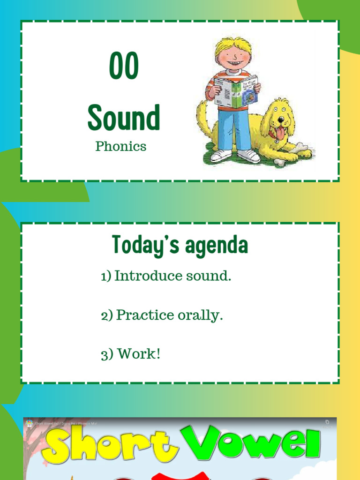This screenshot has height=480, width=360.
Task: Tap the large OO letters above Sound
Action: (x=124, y=67)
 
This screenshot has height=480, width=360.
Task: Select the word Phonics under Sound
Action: (x=121, y=146)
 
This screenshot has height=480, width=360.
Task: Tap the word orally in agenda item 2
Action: (x=200, y=315)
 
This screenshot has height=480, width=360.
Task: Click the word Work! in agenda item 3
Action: (x=139, y=354)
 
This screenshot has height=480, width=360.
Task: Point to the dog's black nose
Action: (x=280, y=119)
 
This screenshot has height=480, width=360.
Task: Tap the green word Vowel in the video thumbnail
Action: (x=255, y=446)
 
